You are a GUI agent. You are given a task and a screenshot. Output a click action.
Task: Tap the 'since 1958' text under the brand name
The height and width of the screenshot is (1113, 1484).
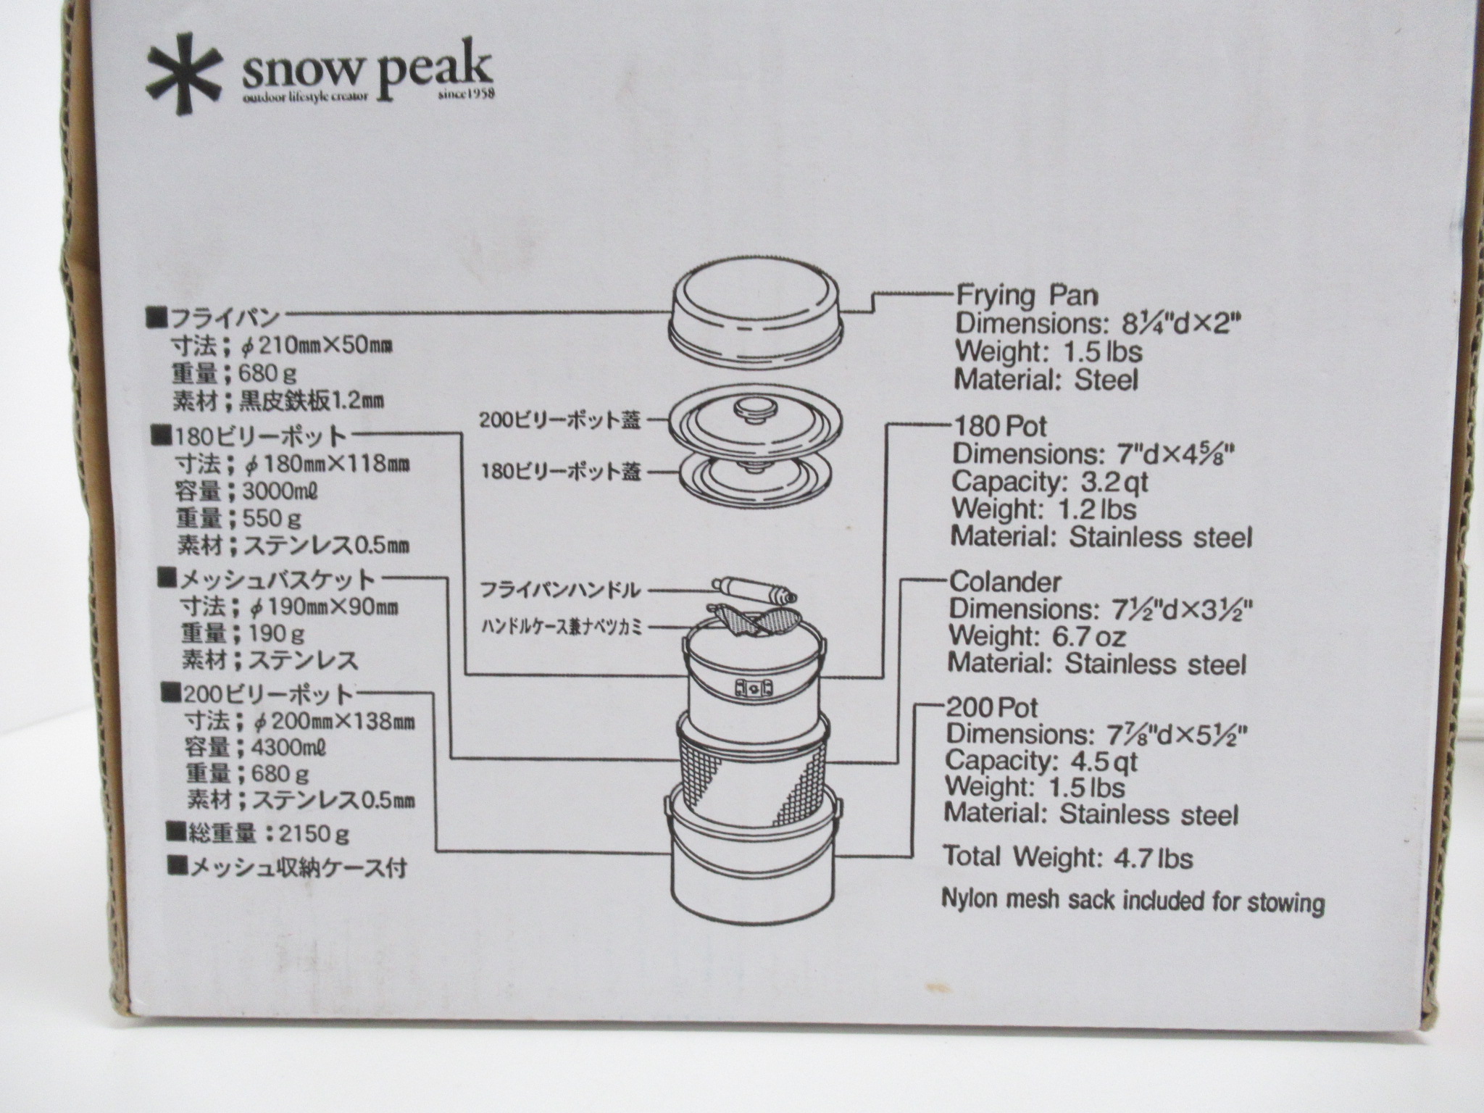pos(466,94)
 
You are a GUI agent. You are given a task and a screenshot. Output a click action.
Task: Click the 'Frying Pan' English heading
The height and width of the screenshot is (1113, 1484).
pos(1027,296)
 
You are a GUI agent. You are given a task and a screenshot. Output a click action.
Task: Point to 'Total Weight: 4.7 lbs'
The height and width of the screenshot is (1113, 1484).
pos(1067,857)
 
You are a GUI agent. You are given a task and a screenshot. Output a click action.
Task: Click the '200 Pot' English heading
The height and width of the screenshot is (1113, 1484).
pos(992,707)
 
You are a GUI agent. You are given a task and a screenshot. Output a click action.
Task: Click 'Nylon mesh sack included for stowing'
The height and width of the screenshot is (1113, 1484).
pos(1133,901)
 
